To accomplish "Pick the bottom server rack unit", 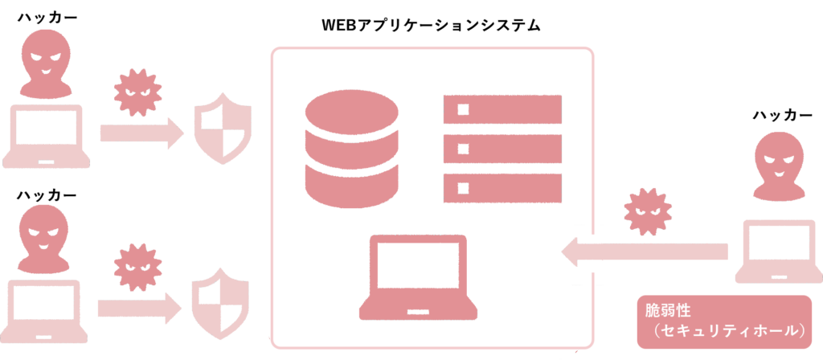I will pos(502,187).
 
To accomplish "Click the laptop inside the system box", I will pos(415,278).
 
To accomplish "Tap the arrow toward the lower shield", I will pos(141,306).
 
